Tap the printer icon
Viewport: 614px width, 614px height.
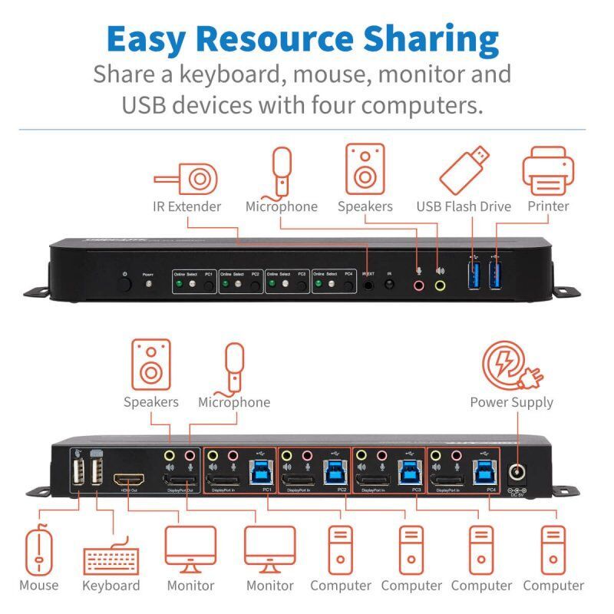pos(548,172)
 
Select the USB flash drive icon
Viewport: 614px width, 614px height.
pos(464,171)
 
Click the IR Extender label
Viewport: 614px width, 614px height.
pos(187,206)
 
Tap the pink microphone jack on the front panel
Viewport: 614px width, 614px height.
pos(418,285)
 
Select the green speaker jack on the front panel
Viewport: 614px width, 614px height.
pos(440,285)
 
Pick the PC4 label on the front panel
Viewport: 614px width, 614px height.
pos(348,273)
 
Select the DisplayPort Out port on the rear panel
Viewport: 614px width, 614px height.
pos(180,482)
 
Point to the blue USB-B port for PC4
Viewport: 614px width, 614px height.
pos(482,475)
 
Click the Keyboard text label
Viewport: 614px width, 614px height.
pos(111,586)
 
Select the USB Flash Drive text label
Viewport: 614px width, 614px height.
pos(464,206)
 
